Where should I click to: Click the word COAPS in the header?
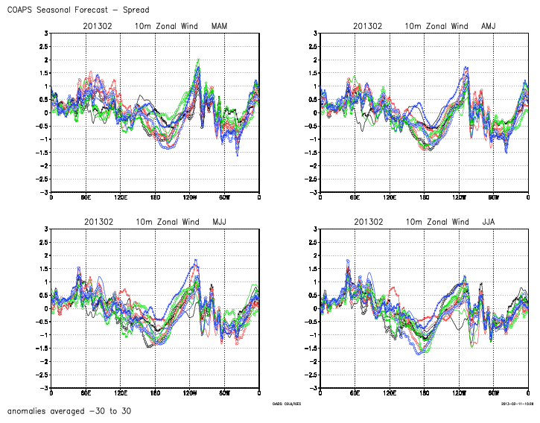(22, 10)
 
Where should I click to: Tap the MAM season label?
(220, 26)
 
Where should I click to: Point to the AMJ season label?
(489, 26)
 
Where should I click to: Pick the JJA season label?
(489, 222)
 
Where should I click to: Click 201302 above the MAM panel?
(98, 26)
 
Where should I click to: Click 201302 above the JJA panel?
(368, 222)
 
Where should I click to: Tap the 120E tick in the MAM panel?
(121, 198)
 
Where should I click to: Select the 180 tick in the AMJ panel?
(425, 198)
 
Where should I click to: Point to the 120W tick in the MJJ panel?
(190, 393)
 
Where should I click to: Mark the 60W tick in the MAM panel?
(224, 198)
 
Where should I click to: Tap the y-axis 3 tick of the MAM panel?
(46, 34)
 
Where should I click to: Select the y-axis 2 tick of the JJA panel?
(316, 255)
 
